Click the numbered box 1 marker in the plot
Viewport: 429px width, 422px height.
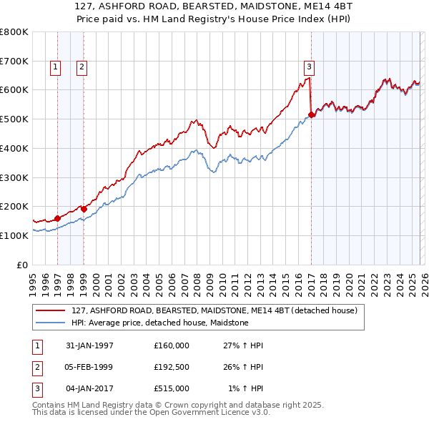coord(56,67)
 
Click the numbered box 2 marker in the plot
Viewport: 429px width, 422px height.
coord(82,67)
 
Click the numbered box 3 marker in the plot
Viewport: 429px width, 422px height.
coord(309,67)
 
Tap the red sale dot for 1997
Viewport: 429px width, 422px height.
coord(58,218)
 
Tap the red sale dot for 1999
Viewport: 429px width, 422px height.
coord(84,209)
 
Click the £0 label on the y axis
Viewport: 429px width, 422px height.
coord(22,265)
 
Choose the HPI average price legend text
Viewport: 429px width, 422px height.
coord(159,323)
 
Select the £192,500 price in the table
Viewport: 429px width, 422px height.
coord(172,367)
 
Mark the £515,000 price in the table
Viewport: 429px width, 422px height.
coord(172,388)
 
